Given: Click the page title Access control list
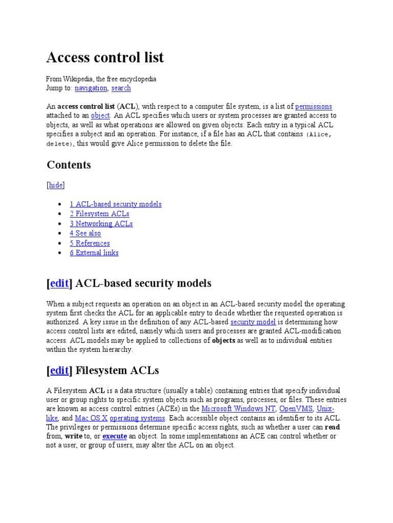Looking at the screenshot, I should point(105,58).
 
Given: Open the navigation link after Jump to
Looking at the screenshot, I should point(91,88).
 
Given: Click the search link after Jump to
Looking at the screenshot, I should point(121,88).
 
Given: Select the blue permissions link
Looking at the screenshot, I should point(314,106).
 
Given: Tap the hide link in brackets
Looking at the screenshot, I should point(56,185).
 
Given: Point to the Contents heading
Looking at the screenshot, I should point(69,165).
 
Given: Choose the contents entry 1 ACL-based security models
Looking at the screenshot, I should point(116,204).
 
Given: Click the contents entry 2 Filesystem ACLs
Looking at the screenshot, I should point(99,213).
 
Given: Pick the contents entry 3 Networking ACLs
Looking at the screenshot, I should point(101,223).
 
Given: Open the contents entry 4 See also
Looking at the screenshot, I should point(85,233).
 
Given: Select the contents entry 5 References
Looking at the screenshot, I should point(90,243).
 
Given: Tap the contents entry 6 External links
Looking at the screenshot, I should point(94,252).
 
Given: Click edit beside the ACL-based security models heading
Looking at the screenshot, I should point(59,283).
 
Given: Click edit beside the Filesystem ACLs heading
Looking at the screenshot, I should point(59,370).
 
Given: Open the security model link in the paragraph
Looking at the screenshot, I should point(253,322).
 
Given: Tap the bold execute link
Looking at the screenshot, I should point(115,436).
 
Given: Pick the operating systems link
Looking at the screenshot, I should point(138,418).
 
